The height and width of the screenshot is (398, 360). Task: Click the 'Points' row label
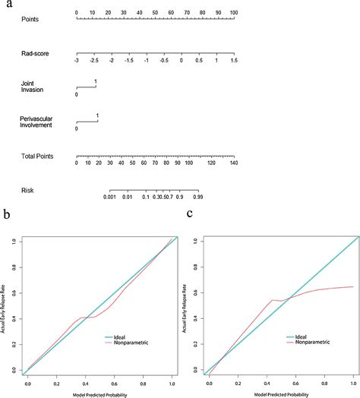click(30, 18)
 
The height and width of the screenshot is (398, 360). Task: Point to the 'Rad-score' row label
click(35, 53)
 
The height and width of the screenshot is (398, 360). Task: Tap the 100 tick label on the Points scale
click(234, 13)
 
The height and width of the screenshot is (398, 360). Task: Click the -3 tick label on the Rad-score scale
click(77, 59)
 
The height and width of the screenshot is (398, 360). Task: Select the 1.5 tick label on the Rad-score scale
click(234, 59)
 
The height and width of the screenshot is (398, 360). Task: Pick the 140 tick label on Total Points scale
click(234, 163)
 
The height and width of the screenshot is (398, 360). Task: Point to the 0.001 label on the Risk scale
click(111, 197)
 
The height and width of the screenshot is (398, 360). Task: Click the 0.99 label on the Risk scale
click(198, 197)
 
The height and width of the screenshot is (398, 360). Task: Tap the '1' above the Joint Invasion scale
click(96, 81)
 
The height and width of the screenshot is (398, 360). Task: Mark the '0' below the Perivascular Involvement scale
click(77, 129)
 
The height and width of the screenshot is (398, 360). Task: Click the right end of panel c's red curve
click(352, 286)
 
